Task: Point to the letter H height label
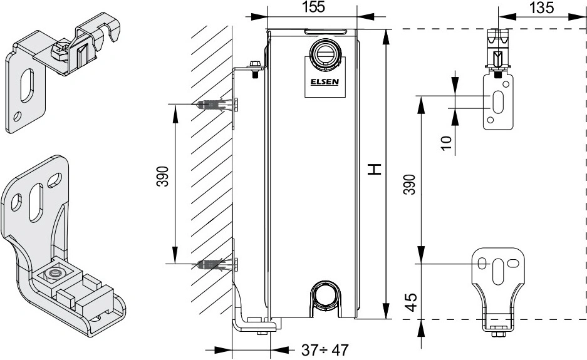pyautogui.click(x=374, y=168)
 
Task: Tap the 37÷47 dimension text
pyautogui.click(x=324, y=349)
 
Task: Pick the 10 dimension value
pyautogui.click(x=445, y=143)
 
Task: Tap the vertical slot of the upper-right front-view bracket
pyautogui.click(x=499, y=101)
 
